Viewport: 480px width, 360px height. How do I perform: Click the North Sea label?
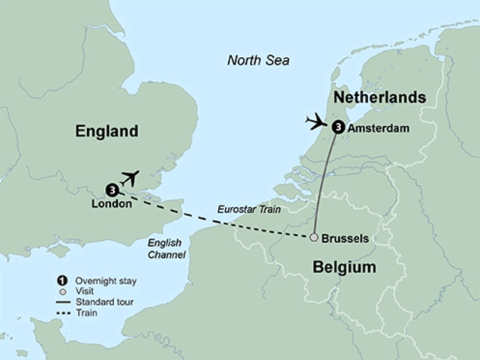pyautogui.click(x=259, y=61)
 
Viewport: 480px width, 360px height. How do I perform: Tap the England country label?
pyautogui.click(x=107, y=132)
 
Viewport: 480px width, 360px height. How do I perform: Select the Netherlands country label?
pyautogui.click(x=379, y=98)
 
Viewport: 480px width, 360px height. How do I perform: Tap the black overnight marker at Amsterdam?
pyautogui.click(x=337, y=128)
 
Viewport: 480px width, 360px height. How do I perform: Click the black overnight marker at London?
pyautogui.click(x=111, y=189)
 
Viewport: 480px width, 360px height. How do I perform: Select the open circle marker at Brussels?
pyautogui.click(x=313, y=238)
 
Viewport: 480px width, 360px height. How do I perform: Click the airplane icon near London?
pyautogui.click(x=130, y=178)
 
